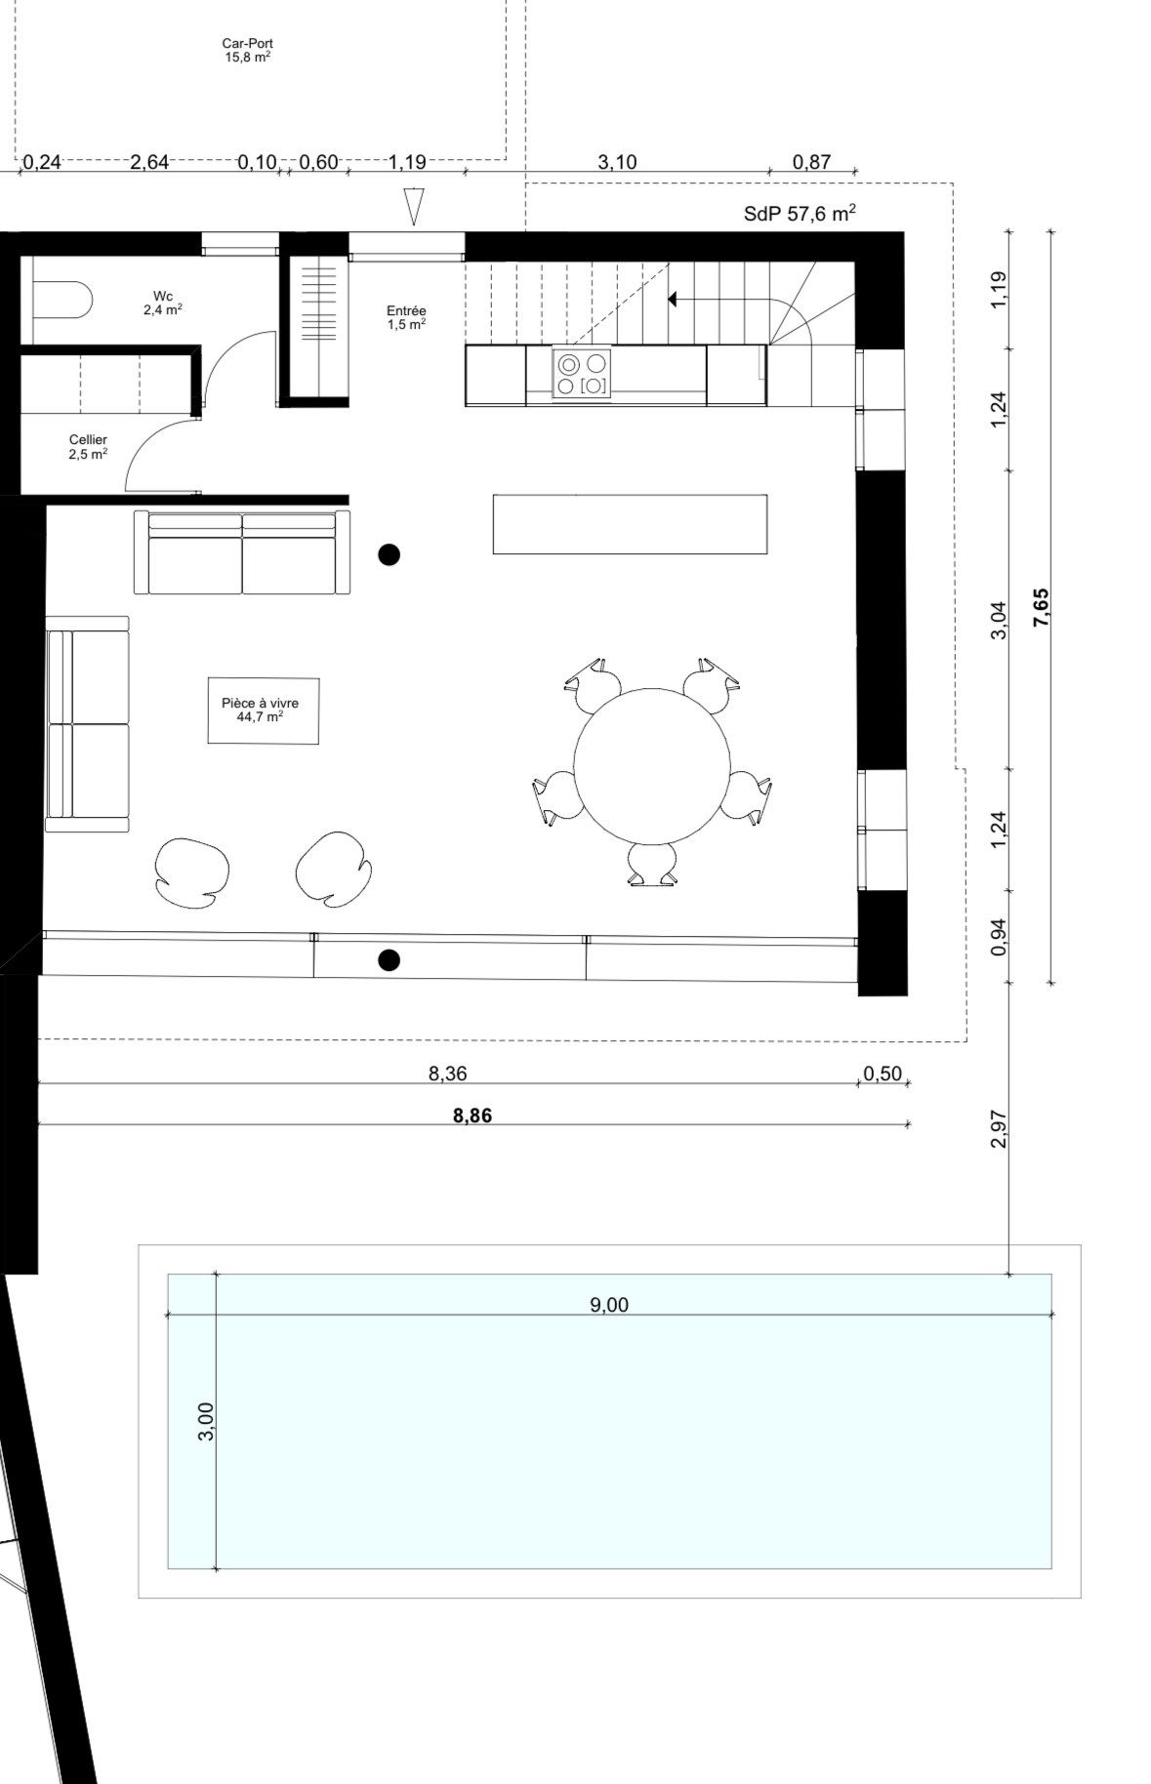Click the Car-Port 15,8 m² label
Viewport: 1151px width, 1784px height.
tap(247, 50)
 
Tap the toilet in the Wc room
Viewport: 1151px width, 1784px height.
tap(61, 300)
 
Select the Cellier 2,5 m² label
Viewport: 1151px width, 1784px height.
tap(88, 447)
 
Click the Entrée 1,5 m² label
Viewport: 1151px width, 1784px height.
tap(406, 317)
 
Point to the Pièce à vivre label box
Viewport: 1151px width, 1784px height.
tap(263, 710)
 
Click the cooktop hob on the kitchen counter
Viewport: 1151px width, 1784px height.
tap(582, 374)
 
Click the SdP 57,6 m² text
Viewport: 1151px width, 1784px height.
tap(800, 214)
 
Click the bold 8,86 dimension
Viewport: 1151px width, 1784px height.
tap(473, 1115)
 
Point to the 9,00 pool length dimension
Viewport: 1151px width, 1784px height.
tap(609, 1305)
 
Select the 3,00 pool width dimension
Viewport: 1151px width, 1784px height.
tap(205, 1421)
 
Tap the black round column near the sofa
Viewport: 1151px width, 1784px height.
tap(389, 555)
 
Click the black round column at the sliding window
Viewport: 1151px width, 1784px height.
tap(389, 960)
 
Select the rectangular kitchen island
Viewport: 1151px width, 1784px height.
tap(629, 524)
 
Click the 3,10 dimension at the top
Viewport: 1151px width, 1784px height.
tap(617, 162)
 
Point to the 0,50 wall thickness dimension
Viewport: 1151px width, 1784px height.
tap(883, 1074)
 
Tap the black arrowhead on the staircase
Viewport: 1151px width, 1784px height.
tap(672, 299)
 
